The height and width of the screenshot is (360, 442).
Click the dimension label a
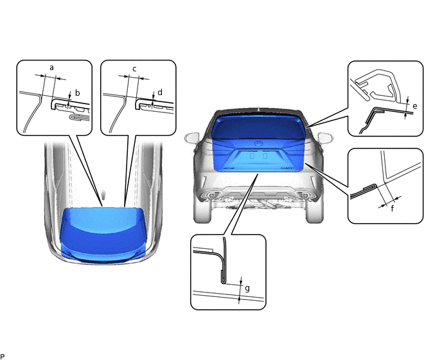pos(51,67)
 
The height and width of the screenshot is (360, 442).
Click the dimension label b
pos(78,93)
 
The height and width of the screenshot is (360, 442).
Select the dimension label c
pos(134,69)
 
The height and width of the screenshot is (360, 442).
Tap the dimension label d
pos(160,93)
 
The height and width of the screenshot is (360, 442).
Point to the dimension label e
pos(414,106)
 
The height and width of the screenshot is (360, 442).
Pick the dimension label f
pos(393,209)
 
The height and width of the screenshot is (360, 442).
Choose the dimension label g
pos(247,289)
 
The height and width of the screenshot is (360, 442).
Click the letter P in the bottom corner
pos(3,357)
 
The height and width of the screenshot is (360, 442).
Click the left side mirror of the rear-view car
pos(191,138)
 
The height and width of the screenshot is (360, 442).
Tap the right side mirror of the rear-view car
pos(325,138)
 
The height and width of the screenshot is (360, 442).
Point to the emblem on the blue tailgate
pos(258,143)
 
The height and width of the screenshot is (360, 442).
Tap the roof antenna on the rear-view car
pos(258,109)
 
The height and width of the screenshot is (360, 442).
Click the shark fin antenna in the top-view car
pos(103,194)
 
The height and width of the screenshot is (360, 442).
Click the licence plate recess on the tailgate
pos(258,159)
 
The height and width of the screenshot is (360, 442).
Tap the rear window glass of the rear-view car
pos(258,124)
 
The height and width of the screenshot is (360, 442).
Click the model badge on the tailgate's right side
pos(288,168)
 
